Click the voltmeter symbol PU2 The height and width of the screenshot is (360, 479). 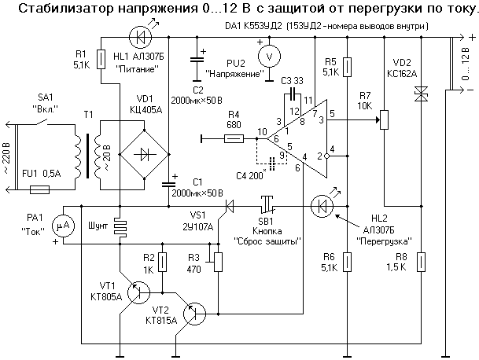coord(269,55)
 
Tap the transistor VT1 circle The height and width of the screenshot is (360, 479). coord(140,292)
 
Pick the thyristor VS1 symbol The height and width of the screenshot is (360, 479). coord(230,207)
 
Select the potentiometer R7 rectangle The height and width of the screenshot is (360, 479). coord(385,120)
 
